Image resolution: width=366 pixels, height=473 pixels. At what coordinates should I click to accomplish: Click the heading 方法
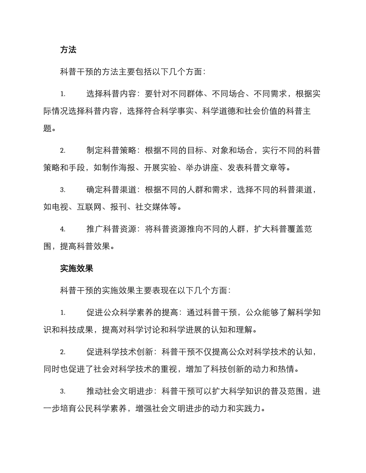click(x=68, y=50)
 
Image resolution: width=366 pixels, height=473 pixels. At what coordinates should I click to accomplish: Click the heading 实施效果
click(x=77, y=269)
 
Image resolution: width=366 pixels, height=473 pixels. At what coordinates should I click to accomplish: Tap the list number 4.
click(x=62, y=230)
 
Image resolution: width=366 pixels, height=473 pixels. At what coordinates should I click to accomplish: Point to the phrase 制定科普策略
click(x=111, y=151)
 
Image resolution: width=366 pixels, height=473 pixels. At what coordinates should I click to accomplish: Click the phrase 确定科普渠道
click(x=111, y=190)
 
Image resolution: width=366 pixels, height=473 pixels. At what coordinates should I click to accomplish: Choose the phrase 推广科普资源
click(x=111, y=230)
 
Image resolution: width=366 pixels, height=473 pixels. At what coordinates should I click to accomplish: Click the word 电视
click(x=60, y=207)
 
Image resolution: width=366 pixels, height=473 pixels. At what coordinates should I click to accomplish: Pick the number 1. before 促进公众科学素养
click(x=62, y=313)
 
